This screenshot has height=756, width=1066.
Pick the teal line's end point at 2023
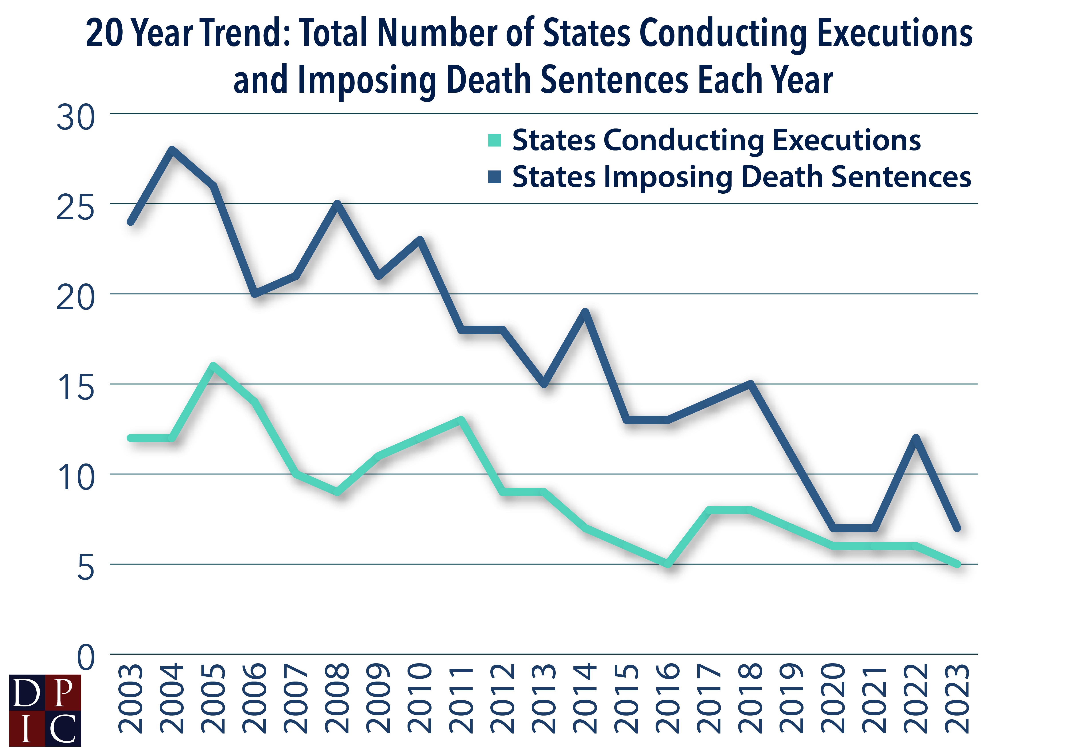coord(957,564)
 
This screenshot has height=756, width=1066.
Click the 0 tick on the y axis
coord(86,657)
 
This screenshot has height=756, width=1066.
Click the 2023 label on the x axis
coord(957,698)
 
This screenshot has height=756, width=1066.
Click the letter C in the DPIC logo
coord(63,728)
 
